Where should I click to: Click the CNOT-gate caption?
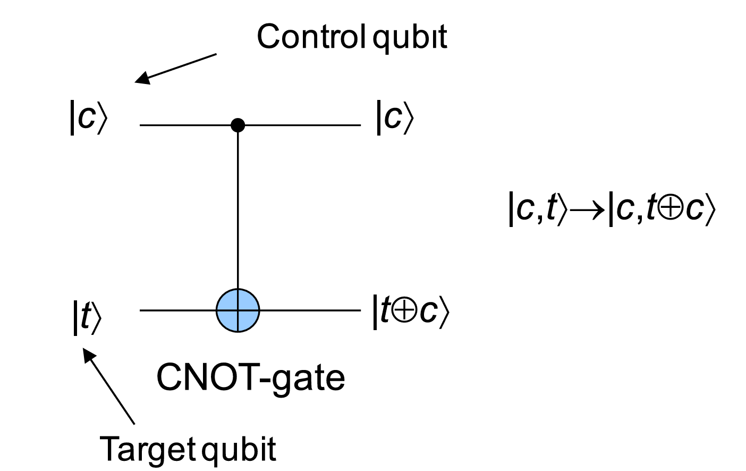click(250, 377)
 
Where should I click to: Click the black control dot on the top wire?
click(238, 125)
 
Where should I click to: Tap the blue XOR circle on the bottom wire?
click(238, 310)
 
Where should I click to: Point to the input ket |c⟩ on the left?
click(88, 117)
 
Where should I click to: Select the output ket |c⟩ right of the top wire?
click(394, 117)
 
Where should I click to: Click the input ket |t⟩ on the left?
click(87, 317)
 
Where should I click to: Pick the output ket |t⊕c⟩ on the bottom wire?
click(410, 312)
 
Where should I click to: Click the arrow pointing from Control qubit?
click(176, 68)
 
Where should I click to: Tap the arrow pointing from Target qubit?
click(109, 385)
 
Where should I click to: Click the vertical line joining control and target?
click(238, 213)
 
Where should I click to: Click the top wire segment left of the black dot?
click(186, 125)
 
